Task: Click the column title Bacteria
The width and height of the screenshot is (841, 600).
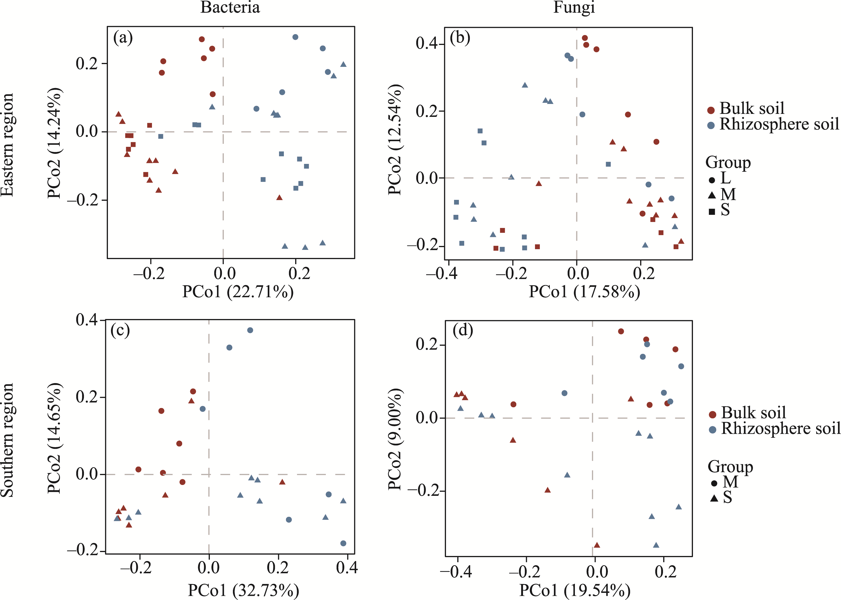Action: coord(230,7)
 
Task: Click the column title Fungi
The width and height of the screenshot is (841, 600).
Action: coord(574,7)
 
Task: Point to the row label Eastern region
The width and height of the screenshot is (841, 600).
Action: coord(7,145)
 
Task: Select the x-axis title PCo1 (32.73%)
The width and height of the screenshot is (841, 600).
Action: coord(244,590)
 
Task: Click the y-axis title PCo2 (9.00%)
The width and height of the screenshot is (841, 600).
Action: coord(395,439)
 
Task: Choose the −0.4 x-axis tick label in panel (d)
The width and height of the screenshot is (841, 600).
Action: coord(456,572)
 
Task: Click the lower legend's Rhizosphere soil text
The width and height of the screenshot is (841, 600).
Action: coord(781,429)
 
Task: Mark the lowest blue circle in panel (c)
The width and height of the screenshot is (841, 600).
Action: coord(343,543)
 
